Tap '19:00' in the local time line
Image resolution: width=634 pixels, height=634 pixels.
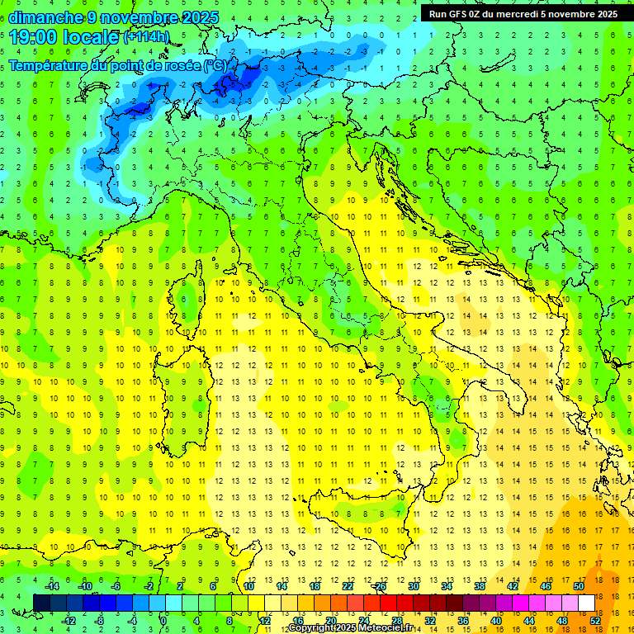(33, 36)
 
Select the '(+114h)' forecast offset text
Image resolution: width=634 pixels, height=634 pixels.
(147, 37)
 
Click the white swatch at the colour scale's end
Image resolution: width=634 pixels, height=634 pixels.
(587, 603)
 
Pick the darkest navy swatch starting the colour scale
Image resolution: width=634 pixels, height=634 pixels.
(42, 603)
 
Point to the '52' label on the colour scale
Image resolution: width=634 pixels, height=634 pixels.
(595, 620)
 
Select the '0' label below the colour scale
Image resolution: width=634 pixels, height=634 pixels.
(163, 620)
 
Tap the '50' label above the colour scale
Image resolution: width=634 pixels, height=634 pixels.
(579, 586)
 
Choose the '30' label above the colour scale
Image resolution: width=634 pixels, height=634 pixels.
(414, 586)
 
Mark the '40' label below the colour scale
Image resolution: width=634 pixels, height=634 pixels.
(496, 620)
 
